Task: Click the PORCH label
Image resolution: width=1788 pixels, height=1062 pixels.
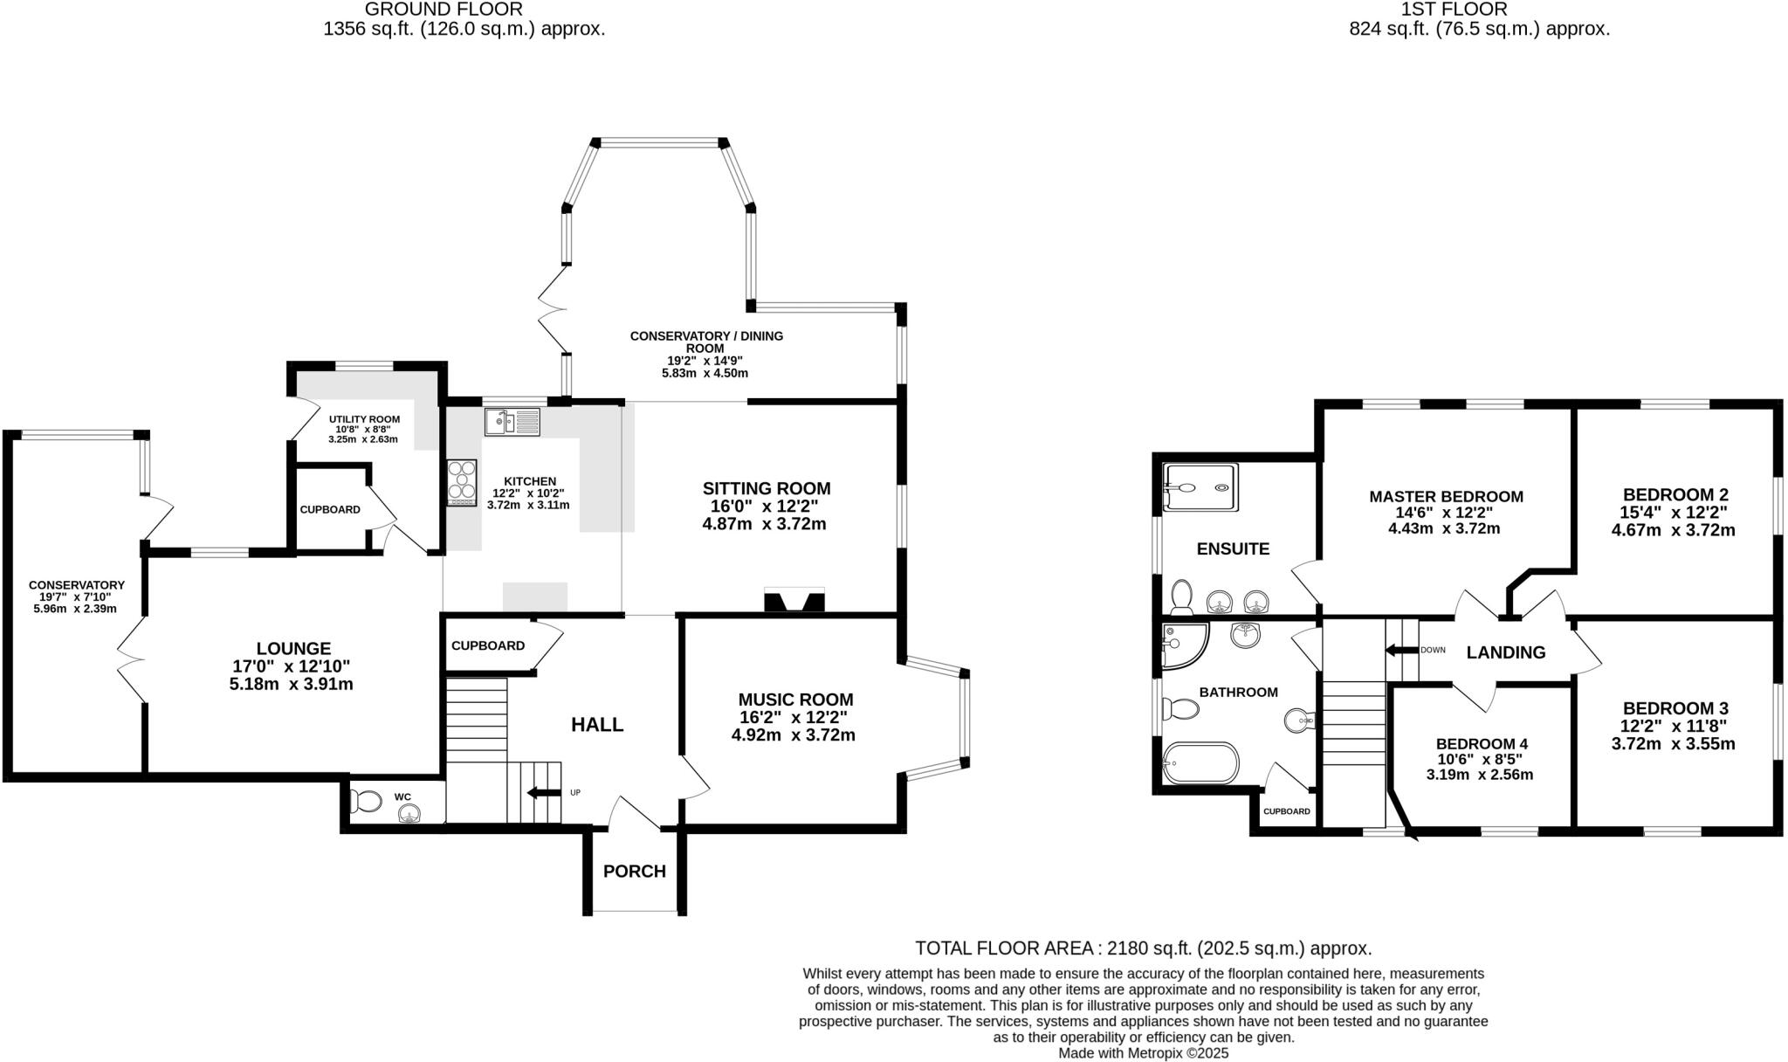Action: coord(634,871)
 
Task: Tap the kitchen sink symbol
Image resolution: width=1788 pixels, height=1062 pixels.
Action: coord(512,423)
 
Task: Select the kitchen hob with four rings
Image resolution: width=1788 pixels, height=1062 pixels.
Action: coord(462,483)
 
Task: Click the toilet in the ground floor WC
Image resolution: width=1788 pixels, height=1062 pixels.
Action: coord(365,801)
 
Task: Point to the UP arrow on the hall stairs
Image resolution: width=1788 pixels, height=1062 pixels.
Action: coord(543,793)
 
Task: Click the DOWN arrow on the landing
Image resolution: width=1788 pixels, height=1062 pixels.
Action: coord(1402,650)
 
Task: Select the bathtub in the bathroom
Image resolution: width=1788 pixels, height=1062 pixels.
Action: coord(1200,762)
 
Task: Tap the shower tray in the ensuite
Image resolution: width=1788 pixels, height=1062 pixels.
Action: coord(1200,486)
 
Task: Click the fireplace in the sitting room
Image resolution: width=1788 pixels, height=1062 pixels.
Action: coord(794,601)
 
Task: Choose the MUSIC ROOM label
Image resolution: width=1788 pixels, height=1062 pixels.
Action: coord(795,700)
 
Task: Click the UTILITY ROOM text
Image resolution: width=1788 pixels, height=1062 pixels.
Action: coord(364,419)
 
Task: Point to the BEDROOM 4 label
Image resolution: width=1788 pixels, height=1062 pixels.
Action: coord(1482,744)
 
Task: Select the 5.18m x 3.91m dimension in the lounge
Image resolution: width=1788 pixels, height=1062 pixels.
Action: coord(291,685)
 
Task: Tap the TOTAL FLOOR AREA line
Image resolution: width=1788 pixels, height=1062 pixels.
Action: coord(1143,948)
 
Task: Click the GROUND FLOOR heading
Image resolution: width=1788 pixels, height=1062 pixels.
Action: coord(444,10)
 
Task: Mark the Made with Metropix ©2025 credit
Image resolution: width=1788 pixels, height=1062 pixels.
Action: coord(1143,1053)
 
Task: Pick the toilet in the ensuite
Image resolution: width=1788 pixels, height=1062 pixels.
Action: coord(1182,597)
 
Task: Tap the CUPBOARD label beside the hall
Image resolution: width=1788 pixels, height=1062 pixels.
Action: coord(487,645)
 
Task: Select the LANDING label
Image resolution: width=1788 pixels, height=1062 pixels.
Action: coord(1505,652)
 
